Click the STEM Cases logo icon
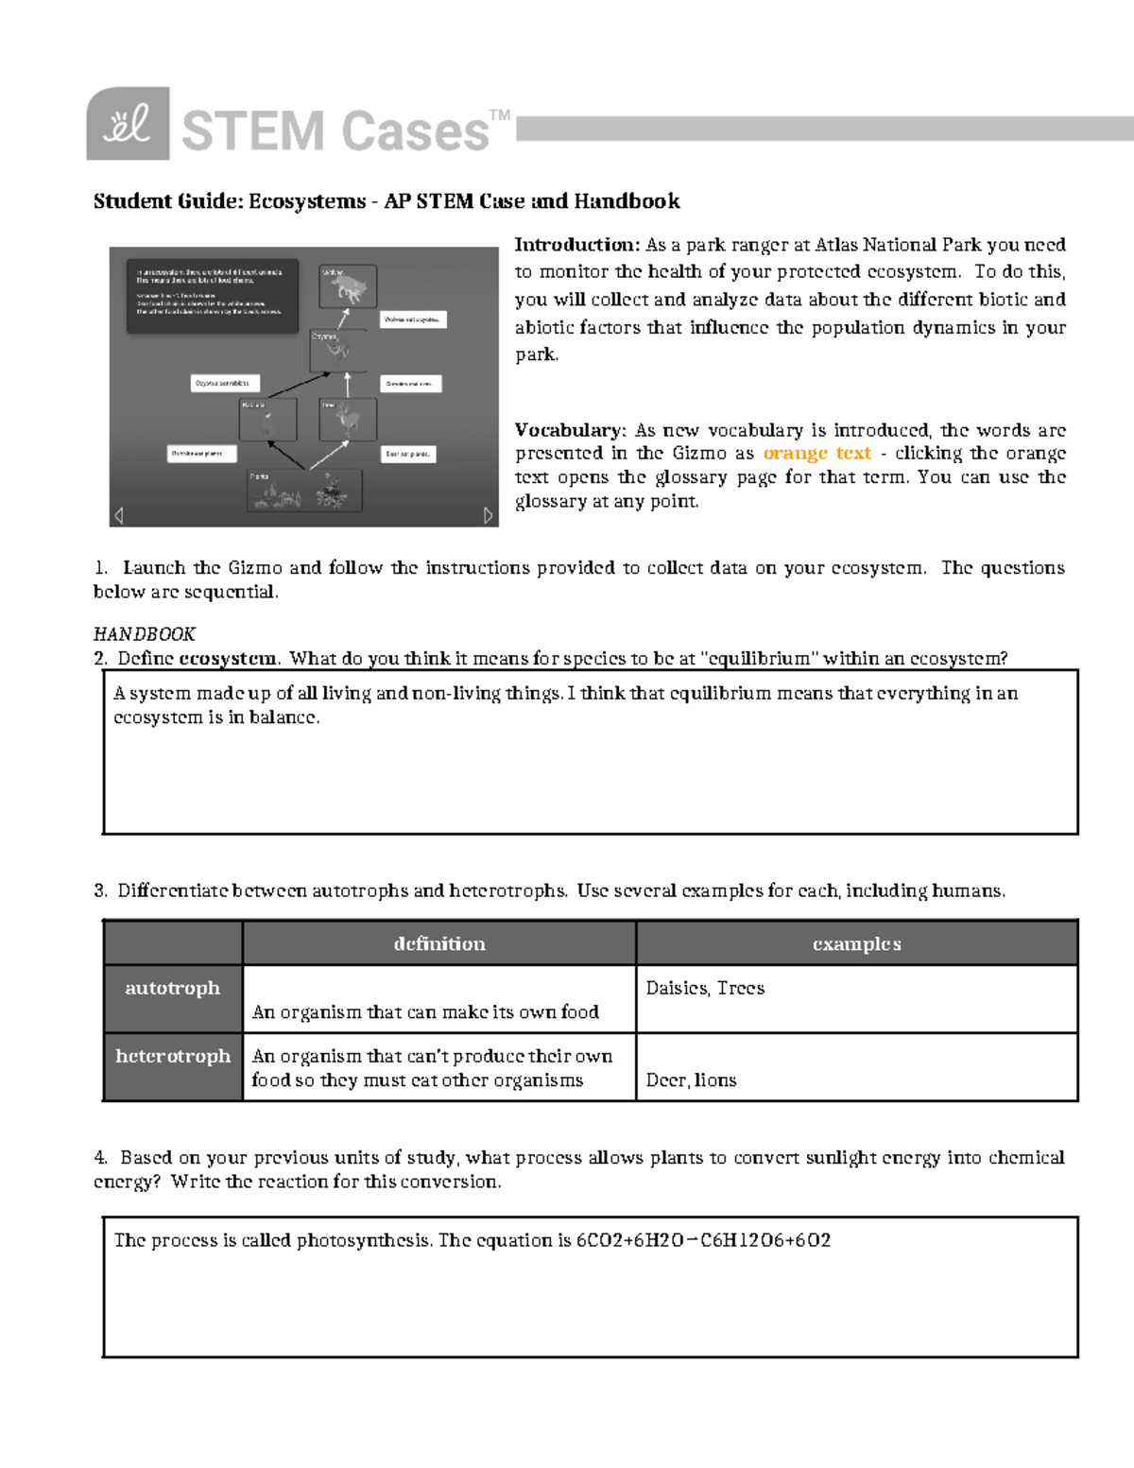point(128,124)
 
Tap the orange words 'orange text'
point(816,454)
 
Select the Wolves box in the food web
point(348,285)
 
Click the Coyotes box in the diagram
point(337,349)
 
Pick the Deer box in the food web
point(348,420)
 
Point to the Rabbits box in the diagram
point(267,420)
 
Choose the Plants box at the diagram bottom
point(303,491)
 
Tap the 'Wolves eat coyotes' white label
point(413,320)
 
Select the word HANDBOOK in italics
point(145,633)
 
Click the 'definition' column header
point(439,943)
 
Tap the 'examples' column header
point(856,943)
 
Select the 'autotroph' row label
point(173,988)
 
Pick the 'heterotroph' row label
point(173,1056)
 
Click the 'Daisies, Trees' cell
point(705,989)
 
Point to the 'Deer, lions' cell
point(691,1080)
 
